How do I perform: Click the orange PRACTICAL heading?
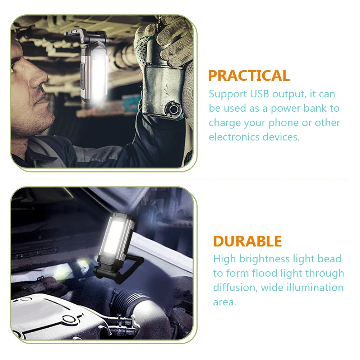click(249, 76)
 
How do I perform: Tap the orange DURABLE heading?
click(247, 241)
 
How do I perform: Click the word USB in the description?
click(259, 94)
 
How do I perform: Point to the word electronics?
click(234, 137)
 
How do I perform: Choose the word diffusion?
click(234, 287)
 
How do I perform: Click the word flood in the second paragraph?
click(275, 273)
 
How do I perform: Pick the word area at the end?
click(225, 302)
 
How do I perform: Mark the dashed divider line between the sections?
click(180, 179)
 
